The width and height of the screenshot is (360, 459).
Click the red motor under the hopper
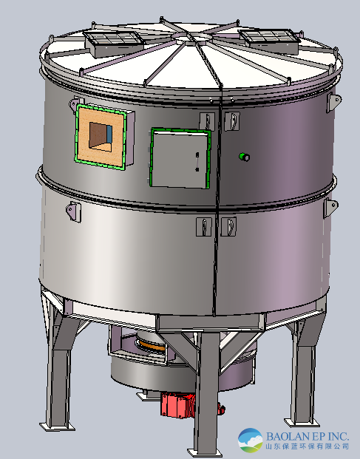coord(177,405)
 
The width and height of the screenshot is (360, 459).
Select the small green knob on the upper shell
coord(245,157)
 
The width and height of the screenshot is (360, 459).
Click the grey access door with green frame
coord(180,157)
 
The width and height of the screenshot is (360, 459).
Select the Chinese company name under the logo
coord(308,446)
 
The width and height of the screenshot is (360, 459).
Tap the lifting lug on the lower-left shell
coord(72,211)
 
